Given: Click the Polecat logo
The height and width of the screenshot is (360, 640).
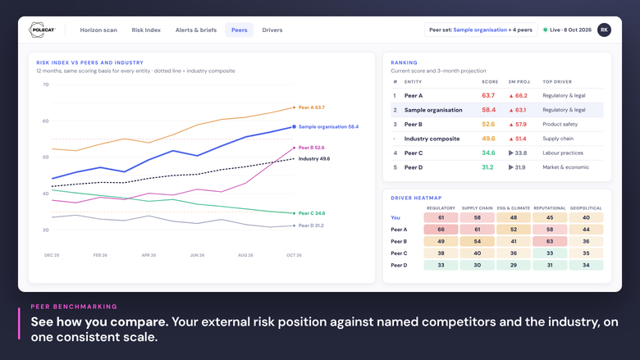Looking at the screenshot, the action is [42, 30].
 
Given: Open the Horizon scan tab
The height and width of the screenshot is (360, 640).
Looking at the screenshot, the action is [98, 30].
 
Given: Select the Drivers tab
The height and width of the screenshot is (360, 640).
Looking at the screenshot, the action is [272, 30].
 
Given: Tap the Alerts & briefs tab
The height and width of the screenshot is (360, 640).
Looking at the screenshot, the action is [196, 30].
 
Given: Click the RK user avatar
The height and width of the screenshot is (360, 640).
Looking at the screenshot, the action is [604, 30].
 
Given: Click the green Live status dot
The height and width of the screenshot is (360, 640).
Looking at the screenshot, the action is [546, 30].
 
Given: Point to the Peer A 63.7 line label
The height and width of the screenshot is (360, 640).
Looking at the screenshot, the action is [312, 107].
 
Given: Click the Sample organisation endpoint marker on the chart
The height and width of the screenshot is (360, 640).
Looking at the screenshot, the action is [294, 127].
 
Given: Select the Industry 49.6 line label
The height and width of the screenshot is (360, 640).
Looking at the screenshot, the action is [314, 159].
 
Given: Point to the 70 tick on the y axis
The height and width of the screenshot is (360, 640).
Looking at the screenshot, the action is [46, 84].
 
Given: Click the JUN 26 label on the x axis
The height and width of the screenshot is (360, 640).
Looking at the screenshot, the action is [197, 255].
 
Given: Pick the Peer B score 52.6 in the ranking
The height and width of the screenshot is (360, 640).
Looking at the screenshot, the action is [488, 125].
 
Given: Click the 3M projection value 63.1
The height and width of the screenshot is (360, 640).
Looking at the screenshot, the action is [518, 110].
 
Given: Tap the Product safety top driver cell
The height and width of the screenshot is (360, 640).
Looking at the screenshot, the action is [560, 125].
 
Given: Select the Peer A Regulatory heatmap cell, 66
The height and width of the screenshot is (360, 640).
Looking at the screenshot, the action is [441, 230].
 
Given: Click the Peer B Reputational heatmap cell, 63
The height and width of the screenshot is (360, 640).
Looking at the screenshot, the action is [550, 241].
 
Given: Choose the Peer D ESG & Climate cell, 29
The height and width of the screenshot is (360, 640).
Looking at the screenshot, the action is [514, 265].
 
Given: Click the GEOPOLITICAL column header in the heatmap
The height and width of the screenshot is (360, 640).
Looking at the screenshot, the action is [586, 208].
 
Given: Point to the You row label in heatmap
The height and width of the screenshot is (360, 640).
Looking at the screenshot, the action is [395, 217].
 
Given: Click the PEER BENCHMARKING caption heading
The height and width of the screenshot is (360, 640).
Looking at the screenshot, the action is [74, 307].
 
